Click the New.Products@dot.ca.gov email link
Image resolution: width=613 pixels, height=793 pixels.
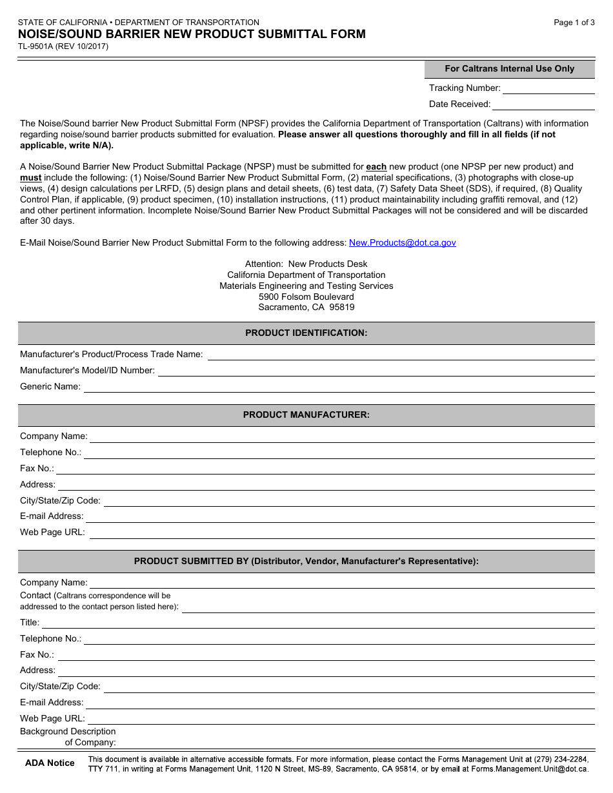pyautogui.click(x=402, y=243)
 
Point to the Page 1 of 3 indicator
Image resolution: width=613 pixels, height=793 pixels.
pyautogui.click(x=574, y=23)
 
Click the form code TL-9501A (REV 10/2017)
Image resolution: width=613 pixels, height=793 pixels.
pyautogui.click(x=64, y=46)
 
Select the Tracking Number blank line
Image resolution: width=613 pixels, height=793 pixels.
pyautogui.click(x=548, y=89)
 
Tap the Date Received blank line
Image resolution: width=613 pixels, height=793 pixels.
pyautogui.click(x=543, y=105)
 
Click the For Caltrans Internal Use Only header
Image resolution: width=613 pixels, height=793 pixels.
pyautogui.click(x=509, y=69)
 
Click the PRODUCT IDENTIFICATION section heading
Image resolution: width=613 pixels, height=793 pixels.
pyautogui.click(x=306, y=333)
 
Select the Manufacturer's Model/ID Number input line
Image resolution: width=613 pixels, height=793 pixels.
pyautogui.click(x=376, y=371)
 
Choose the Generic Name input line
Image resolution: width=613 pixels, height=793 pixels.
pyautogui.click(x=339, y=387)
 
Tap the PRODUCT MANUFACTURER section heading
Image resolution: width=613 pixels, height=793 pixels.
pyautogui.click(x=306, y=415)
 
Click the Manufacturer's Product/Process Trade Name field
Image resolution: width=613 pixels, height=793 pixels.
pyautogui.click(x=400, y=355)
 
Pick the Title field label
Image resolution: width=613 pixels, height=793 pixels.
pyautogui.click(x=30, y=623)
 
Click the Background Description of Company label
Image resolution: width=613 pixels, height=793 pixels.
pyautogui.click(x=68, y=737)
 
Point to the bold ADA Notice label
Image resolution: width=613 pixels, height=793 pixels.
pyautogui.click(x=50, y=763)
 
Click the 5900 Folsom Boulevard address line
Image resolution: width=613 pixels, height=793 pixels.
pyautogui.click(x=306, y=297)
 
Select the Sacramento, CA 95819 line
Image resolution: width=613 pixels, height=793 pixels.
pyautogui.click(x=306, y=308)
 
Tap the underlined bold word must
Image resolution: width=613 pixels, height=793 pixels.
pyautogui.click(x=30, y=178)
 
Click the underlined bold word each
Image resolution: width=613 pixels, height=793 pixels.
pyautogui.click(x=376, y=167)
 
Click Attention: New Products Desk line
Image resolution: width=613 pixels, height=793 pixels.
pyautogui.click(x=306, y=264)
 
